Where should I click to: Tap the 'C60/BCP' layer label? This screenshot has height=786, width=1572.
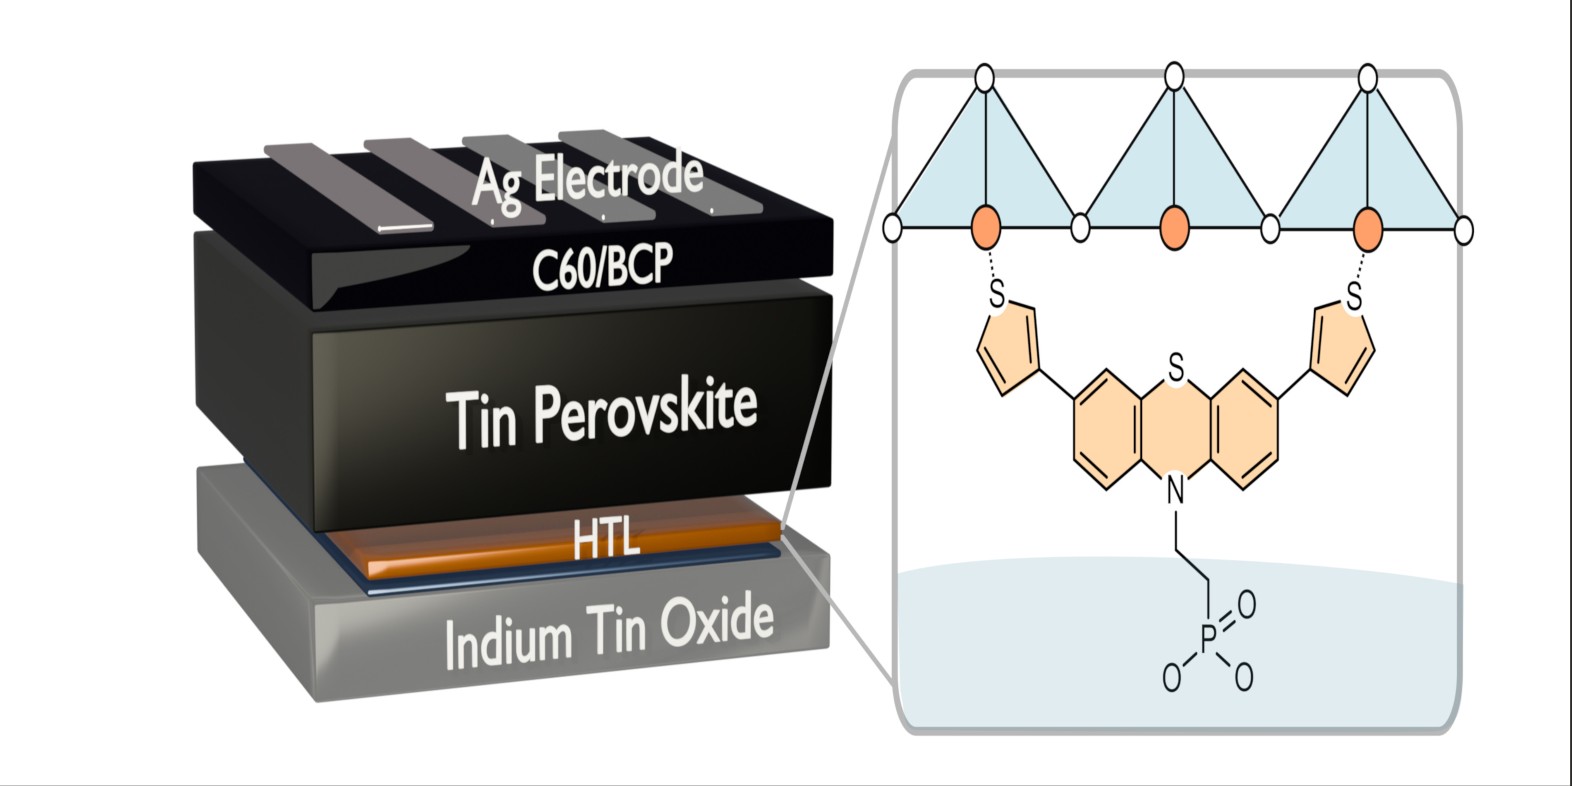coord(602,266)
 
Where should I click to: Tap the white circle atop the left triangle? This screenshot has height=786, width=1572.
coord(985,79)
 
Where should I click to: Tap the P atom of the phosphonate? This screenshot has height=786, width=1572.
coord(1208,639)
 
